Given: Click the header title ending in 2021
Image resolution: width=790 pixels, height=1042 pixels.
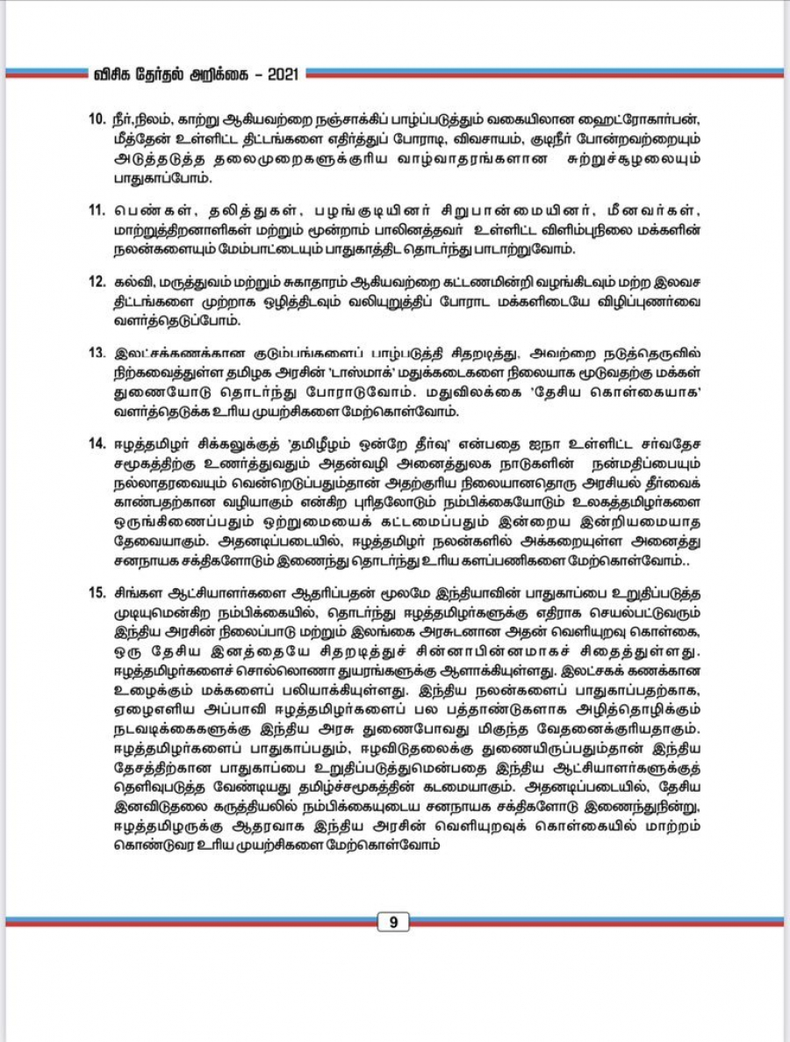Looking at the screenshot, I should point(197,75).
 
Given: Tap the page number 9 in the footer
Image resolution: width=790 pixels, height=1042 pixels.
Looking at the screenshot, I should point(394,922).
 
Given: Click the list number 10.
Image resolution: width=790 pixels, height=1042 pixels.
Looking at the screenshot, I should point(98,119).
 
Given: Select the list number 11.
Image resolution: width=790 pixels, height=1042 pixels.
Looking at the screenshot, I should point(98,211).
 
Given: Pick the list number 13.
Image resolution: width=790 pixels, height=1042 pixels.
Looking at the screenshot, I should point(98,354).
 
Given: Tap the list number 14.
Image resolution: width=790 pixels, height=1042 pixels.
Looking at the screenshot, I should point(98,439).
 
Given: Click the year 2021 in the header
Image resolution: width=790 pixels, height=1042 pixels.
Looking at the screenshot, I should point(281,75).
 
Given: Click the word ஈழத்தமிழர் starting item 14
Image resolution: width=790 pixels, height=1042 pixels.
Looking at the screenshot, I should point(150,439).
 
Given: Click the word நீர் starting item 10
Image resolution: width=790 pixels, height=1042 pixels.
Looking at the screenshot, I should point(124,119).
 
